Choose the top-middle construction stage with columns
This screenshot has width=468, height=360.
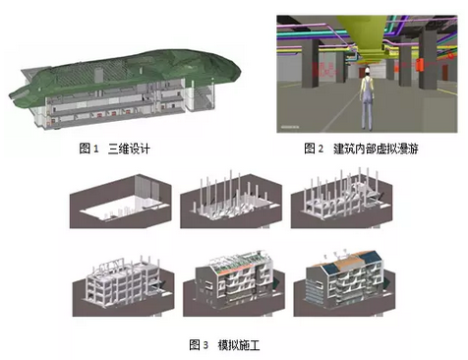click(x=233, y=204)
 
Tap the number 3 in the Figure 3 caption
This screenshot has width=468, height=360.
click(x=205, y=344)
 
